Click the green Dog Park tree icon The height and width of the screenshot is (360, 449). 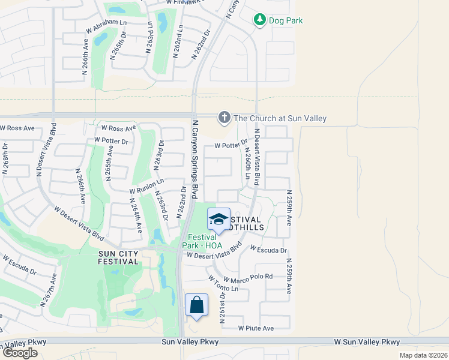[x=260, y=20]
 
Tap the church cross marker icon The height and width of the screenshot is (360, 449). [x=224, y=118]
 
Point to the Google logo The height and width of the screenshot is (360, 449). [x=20, y=353]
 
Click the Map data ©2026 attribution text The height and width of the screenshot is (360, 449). [x=423, y=355]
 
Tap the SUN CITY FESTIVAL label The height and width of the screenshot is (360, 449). [x=119, y=257]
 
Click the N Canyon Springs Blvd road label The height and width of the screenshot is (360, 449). [x=195, y=159]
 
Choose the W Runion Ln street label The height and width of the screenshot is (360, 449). [x=146, y=186]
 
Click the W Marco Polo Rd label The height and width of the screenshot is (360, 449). [x=248, y=278]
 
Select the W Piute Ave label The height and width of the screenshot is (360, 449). [x=256, y=328]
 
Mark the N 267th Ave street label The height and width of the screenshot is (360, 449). [x=49, y=290]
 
